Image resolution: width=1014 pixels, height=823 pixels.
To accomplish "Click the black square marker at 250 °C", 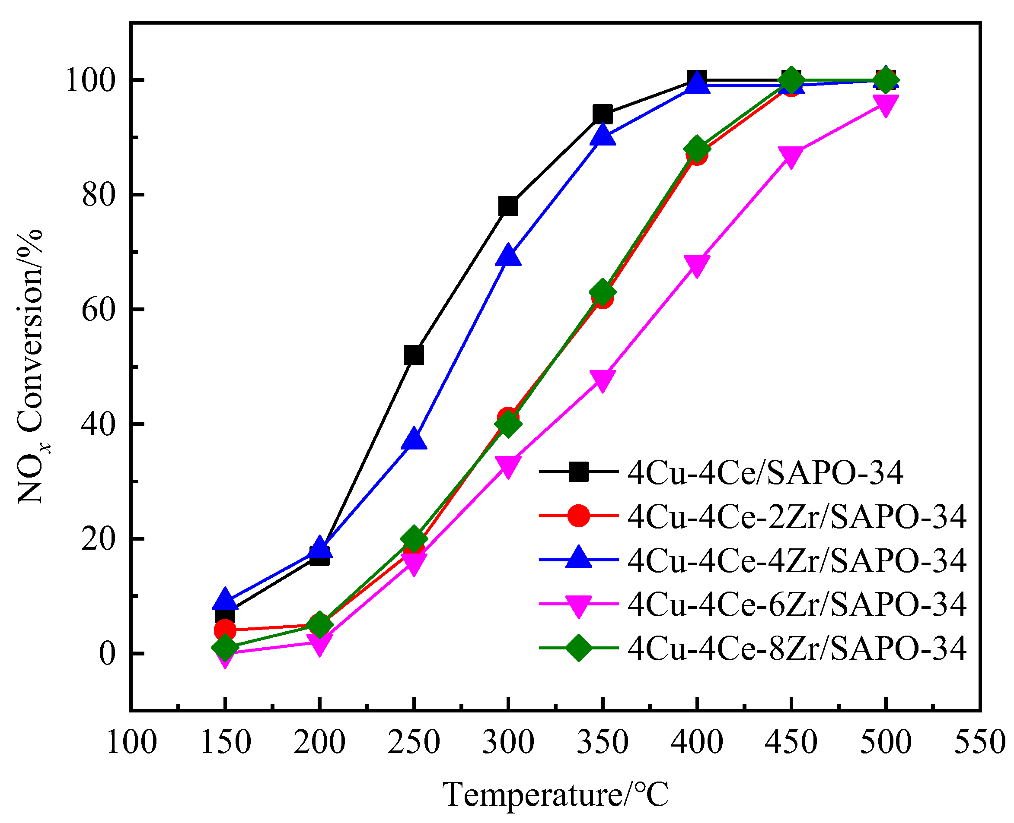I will pos(414,355).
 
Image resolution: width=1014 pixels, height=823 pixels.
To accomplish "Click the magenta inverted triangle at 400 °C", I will pos(696,265).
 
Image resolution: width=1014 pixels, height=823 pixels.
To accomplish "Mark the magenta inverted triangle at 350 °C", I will pos(602,380).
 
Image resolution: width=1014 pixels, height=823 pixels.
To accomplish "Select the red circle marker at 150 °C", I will pos(225,630).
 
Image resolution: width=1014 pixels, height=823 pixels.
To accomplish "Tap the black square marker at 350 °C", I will pos(602,115).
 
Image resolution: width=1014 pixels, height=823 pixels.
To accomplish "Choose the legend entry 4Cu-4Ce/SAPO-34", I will pos(765,473).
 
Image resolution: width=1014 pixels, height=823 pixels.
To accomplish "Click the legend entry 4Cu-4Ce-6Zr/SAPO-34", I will pos(797,605).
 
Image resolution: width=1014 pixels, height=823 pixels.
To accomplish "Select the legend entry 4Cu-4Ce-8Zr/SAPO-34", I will pos(797,648).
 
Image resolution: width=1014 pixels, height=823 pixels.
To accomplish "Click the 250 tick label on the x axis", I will pos(414,742).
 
